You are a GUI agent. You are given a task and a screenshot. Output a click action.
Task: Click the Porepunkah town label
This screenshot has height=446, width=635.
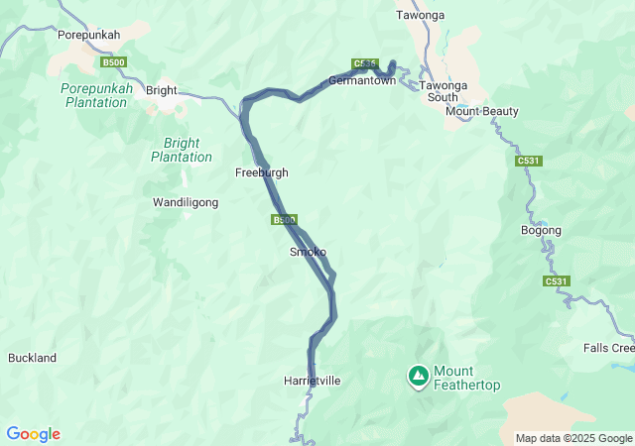[x=88, y=35]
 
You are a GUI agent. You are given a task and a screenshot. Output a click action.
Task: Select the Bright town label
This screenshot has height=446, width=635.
[x=161, y=90]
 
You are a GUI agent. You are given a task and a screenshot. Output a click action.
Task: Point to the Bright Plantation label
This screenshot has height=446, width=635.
[x=182, y=150]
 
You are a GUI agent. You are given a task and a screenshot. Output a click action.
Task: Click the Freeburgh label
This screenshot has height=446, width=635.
[x=261, y=172]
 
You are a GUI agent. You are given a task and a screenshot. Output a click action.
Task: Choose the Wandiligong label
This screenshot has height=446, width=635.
[x=185, y=202]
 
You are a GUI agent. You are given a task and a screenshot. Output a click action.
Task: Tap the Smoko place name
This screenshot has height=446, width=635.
[x=307, y=252]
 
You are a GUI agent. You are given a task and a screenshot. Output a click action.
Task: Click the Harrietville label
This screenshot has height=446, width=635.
[x=312, y=381]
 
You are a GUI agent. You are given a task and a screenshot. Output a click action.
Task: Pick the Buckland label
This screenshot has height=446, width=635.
[x=32, y=358]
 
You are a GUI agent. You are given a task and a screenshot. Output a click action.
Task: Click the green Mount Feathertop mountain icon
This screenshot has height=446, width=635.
[x=419, y=376]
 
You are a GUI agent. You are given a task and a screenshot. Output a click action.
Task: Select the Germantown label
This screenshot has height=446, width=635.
[x=362, y=80]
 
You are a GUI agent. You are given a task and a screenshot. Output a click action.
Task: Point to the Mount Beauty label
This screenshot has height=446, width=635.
[x=482, y=111]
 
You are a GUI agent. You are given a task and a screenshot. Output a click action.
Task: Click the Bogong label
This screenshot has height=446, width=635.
[x=541, y=231]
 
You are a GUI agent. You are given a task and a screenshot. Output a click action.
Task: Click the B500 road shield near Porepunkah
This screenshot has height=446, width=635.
[x=114, y=62]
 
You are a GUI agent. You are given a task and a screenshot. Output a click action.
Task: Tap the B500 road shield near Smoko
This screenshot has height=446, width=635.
[x=284, y=220]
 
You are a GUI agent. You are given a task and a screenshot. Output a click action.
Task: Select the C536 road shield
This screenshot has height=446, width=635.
[x=364, y=64]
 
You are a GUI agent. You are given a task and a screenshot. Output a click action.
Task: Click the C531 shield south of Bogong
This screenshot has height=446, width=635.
[x=557, y=282]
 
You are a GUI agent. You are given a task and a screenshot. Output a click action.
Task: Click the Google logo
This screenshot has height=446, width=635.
[x=33, y=434]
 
